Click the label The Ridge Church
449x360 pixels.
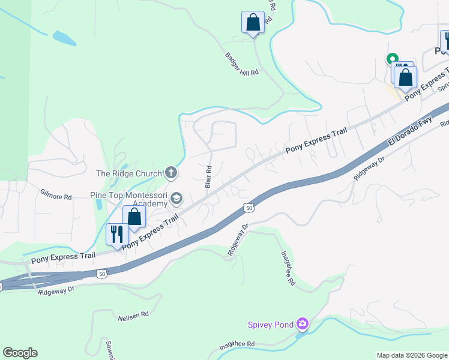click(x=129, y=173)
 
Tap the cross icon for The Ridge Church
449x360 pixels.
click(x=171, y=173)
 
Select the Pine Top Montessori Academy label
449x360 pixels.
click(x=128, y=199)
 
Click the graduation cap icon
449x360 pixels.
click(x=176, y=197)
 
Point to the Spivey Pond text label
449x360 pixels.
click(x=271, y=325)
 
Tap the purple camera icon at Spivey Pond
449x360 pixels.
click(x=302, y=325)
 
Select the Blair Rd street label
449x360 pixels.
click(x=208, y=177)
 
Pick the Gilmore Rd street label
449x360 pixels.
click(x=56, y=196)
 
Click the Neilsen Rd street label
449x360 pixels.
click(x=133, y=317)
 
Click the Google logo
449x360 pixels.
click(x=20, y=353)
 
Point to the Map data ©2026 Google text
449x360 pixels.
click(x=412, y=355)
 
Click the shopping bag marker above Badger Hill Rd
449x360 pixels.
click(x=253, y=22)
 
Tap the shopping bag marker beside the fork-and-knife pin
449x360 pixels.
click(x=134, y=217)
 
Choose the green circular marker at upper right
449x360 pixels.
click(x=391, y=59)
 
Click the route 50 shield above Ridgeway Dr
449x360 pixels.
click(x=249, y=207)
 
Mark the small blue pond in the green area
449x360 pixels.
click(x=64, y=38)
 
